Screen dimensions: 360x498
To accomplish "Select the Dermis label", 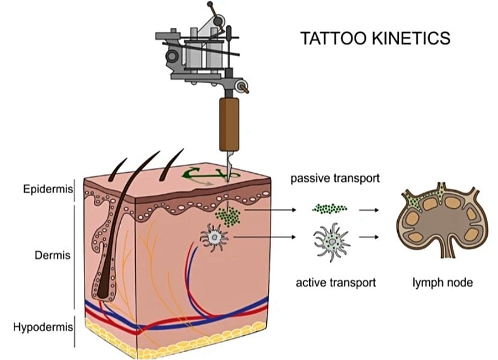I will [x=53, y=255].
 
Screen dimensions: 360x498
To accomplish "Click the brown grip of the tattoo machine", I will [x=229, y=123].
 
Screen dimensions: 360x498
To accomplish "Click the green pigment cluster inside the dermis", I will [x=229, y=214].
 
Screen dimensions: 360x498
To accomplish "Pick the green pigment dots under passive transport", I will [x=330, y=209].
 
